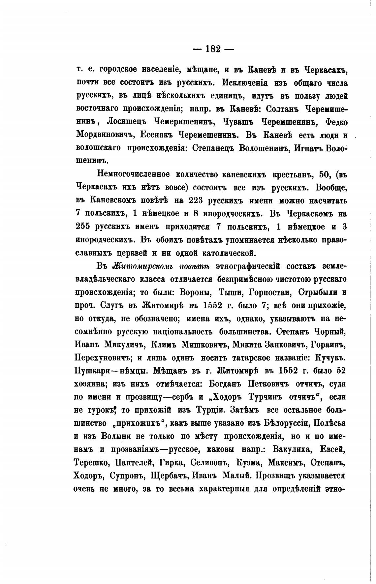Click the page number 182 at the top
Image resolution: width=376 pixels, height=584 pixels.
tap(213, 49)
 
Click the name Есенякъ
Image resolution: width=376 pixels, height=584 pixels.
tap(156, 135)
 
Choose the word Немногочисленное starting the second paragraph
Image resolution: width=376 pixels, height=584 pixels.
tap(133, 174)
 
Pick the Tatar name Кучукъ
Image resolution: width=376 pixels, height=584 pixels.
tap(330, 358)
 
